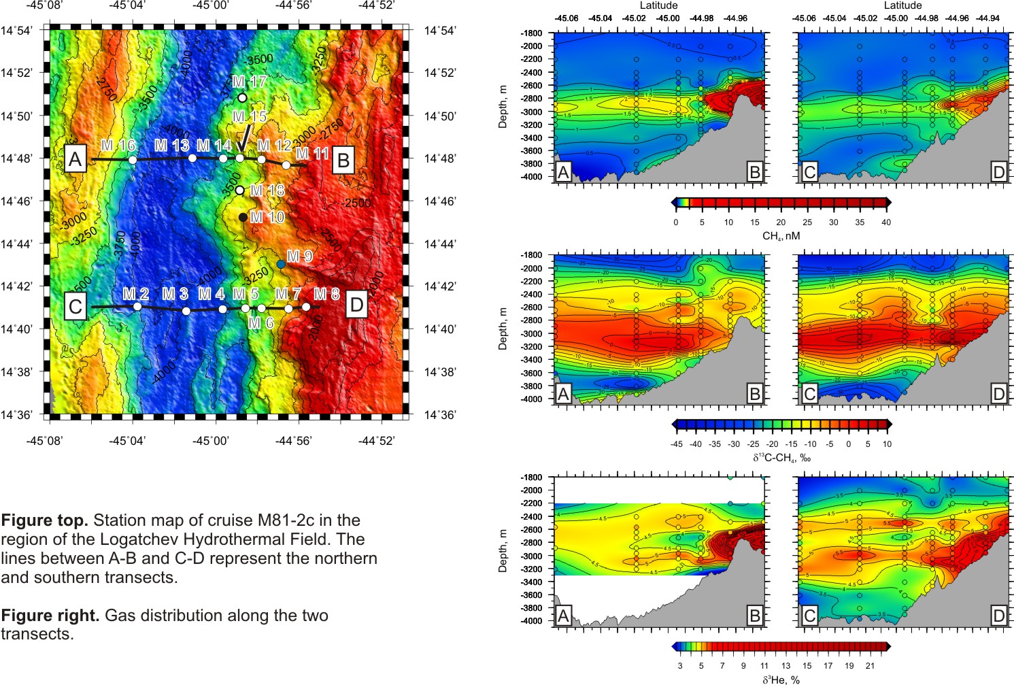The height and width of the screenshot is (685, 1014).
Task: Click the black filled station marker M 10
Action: pos(243,218)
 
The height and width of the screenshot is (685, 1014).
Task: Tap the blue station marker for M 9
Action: pos(281,264)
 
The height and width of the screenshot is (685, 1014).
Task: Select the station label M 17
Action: pos(248,82)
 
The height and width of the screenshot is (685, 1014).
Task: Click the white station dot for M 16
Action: pos(133,160)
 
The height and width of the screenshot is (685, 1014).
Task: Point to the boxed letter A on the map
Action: pos(75,160)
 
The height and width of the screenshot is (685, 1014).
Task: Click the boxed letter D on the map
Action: pos(356,305)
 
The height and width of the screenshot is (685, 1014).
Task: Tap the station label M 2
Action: pos(135,294)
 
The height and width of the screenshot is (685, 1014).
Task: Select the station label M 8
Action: pos(326,294)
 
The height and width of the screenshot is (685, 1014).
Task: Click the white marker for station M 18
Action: pos(239,190)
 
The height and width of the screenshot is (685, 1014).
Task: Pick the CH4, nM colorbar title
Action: pos(781,236)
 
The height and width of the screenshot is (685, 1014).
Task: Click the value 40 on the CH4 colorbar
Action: pos(886,222)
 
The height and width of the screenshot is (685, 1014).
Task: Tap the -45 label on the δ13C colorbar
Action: pos(676,444)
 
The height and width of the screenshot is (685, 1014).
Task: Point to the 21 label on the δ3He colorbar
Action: pos(870,666)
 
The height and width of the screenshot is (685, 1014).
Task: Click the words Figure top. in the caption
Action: pos(44,521)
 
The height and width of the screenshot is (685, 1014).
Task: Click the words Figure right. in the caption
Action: pos(50,616)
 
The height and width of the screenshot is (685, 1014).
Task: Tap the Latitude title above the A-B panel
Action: pos(658,5)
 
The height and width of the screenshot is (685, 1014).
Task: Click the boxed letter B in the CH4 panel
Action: pos(754,172)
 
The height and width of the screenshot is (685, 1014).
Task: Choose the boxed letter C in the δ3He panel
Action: pos(809,616)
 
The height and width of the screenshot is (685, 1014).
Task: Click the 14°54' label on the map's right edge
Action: pos(440,31)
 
